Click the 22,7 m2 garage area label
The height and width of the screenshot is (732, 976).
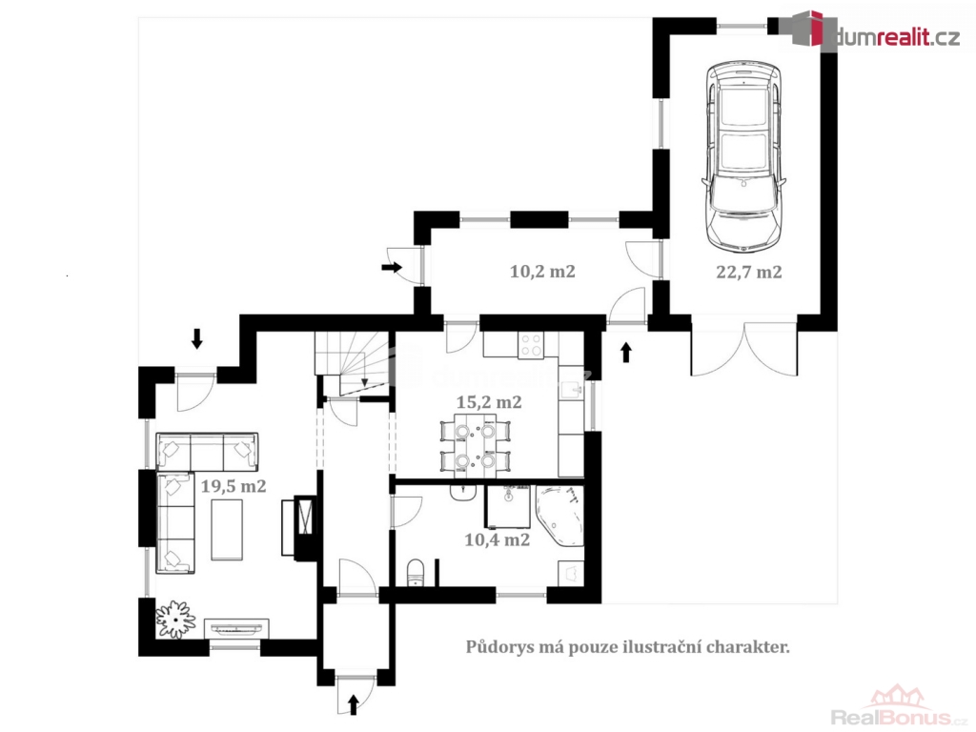pyautogui.click(x=749, y=273)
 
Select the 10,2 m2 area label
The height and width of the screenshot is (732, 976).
pyautogui.click(x=542, y=272)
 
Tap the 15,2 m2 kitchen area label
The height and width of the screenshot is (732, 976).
pyautogui.click(x=489, y=403)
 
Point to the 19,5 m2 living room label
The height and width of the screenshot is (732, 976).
pyautogui.click(x=234, y=486)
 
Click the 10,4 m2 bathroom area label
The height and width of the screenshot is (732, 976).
pyautogui.click(x=498, y=539)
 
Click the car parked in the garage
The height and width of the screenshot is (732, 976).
pyautogui.click(x=743, y=156)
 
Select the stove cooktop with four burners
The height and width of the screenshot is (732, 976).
pyautogui.click(x=531, y=345)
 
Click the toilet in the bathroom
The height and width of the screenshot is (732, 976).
pyautogui.click(x=415, y=573)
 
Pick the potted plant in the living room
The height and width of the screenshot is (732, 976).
pyautogui.click(x=175, y=619)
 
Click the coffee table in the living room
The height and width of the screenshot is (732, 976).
pyautogui.click(x=227, y=530)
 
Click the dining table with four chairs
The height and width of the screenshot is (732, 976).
pyautogui.click(x=475, y=444)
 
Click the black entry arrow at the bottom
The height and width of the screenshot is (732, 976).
pyautogui.click(x=354, y=704)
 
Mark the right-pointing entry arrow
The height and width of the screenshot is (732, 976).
pyautogui.click(x=392, y=268)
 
